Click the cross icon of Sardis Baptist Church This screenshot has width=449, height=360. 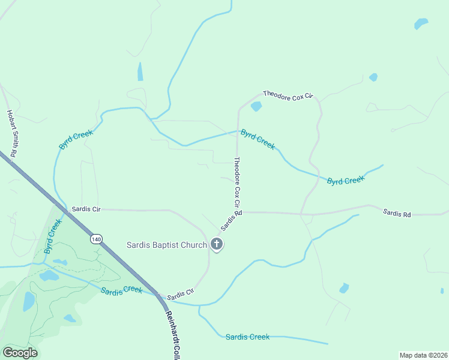[x=217, y=244]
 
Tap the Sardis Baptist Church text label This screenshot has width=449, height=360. [x=166, y=245]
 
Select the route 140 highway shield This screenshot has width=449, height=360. [x=96, y=239]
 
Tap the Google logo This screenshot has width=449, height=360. [x=20, y=352]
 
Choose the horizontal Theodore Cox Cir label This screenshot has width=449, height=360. [x=289, y=95]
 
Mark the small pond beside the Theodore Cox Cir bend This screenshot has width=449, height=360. [x=256, y=107]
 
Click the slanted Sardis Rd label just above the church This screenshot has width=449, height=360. [x=231, y=221]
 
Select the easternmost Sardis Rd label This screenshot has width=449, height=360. [x=397, y=212]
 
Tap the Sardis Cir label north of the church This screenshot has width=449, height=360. [x=86, y=209]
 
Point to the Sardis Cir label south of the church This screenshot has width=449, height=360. [x=181, y=294]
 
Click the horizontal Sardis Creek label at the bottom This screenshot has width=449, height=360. [x=247, y=337]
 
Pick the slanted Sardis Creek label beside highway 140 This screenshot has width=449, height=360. [x=121, y=290]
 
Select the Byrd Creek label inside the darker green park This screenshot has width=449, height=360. [x=53, y=236]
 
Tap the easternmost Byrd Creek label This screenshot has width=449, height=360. [x=345, y=180]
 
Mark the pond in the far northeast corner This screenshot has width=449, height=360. [x=421, y=24]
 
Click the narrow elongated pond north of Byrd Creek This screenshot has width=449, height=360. [x=140, y=71]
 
